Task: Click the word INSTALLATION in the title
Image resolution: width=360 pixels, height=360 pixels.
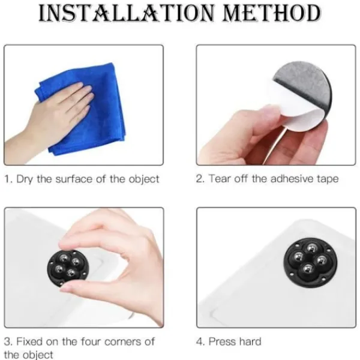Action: click(126, 13)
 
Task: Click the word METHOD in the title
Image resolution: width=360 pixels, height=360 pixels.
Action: click(272, 13)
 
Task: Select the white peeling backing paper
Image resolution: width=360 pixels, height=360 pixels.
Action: click(298, 113)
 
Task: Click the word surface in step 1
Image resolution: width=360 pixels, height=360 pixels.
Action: click(74, 179)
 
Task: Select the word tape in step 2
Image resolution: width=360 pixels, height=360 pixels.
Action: click(328, 179)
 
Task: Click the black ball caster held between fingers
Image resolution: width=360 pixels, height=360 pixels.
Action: click(67, 268)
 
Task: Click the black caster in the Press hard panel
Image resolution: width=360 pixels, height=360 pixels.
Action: click(310, 262)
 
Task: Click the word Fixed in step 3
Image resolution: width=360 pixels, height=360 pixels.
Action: click(29, 341)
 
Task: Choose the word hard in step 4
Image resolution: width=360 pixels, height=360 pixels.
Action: click(250, 341)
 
